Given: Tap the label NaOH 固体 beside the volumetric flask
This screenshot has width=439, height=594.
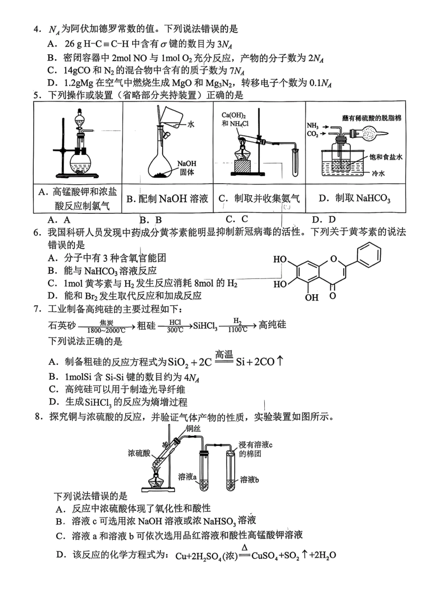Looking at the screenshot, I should tap(187, 168).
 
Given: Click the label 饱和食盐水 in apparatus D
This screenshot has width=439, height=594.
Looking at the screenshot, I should tap(385, 158).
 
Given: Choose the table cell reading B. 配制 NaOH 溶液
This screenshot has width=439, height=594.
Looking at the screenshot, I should tap(167, 199).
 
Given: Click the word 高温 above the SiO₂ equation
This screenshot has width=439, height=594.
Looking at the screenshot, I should tap(224, 354).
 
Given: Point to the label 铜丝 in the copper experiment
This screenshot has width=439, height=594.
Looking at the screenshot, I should tap(194, 428).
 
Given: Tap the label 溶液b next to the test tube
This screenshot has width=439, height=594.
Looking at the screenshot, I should tap(250, 479).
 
